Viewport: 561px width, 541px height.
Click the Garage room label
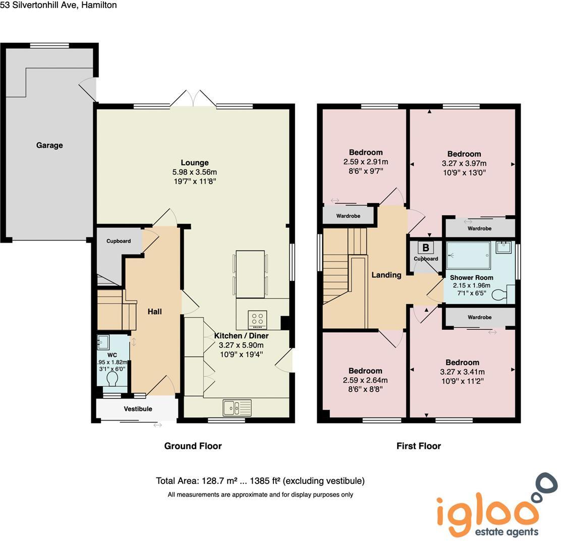(x=49, y=146)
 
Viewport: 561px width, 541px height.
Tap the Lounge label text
(x=195, y=163)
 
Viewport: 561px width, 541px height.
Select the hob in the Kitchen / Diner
(x=257, y=319)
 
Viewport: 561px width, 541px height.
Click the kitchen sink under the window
(x=237, y=407)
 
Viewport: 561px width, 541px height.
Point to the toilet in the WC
(x=113, y=378)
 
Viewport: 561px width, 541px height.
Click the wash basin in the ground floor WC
(x=103, y=342)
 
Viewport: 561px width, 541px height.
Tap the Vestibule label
(x=138, y=409)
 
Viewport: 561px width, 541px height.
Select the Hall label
(x=154, y=312)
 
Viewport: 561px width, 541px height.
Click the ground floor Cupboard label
(x=119, y=241)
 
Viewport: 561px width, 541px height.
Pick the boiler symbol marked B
(x=426, y=248)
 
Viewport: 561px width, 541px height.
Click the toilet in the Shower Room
(x=499, y=295)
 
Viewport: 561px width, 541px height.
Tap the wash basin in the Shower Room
(x=502, y=248)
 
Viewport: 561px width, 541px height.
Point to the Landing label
(x=386, y=275)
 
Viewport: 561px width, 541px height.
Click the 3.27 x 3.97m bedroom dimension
(x=464, y=163)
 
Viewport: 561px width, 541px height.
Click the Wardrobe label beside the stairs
(x=348, y=216)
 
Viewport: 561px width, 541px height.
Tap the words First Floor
(x=419, y=446)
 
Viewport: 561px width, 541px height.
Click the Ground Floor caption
(x=193, y=446)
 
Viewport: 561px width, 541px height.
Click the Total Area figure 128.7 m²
(x=217, y=481)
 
